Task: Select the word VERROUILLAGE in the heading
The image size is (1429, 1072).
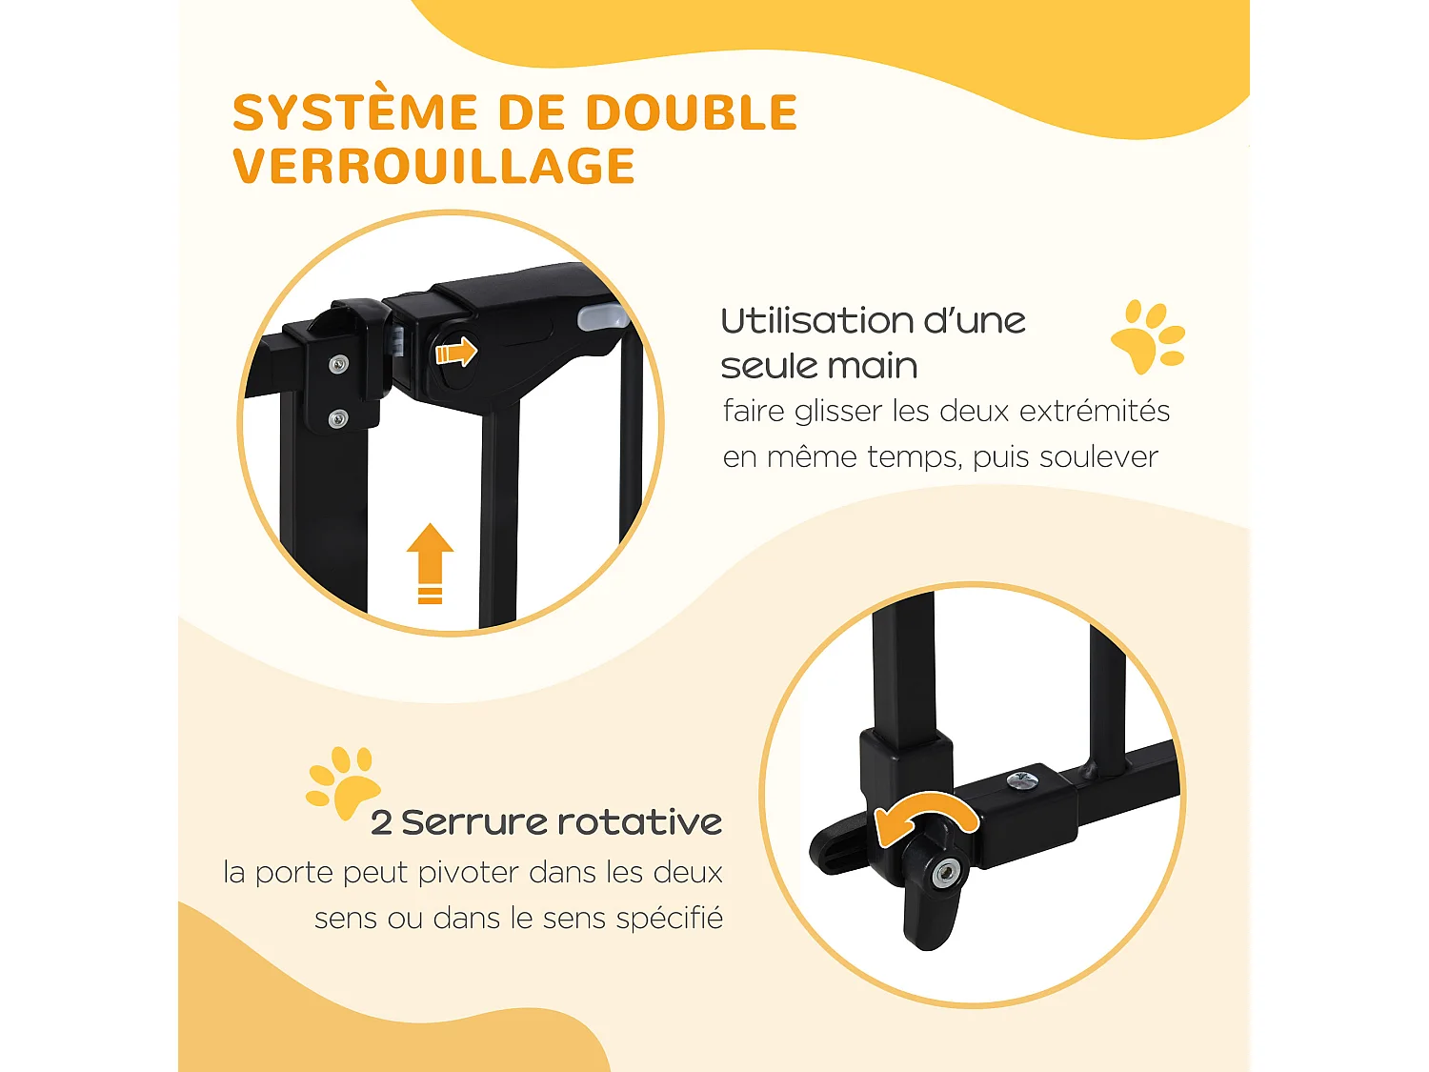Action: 433,167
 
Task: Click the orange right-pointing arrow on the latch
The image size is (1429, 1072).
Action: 455,352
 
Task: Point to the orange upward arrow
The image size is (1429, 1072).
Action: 430,562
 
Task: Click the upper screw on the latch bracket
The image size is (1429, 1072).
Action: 338,364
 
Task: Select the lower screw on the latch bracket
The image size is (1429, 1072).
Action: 337,417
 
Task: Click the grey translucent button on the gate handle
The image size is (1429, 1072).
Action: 600,317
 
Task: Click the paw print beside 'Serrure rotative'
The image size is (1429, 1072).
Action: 343,783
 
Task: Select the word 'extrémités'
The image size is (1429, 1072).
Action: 1094,411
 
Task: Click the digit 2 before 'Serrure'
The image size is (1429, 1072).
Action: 381,822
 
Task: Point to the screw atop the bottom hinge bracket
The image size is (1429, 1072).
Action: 1020,781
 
